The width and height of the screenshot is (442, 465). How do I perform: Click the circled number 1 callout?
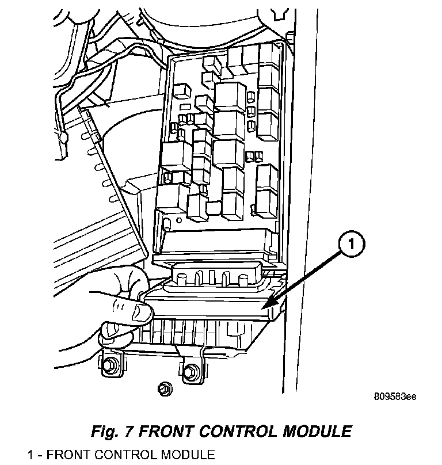353,246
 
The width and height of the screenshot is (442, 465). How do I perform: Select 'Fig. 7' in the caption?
112,430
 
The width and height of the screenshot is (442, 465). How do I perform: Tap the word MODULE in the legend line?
186,455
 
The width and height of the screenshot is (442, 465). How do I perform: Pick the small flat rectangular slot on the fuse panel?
186,107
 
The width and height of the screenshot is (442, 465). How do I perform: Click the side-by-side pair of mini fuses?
252,155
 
